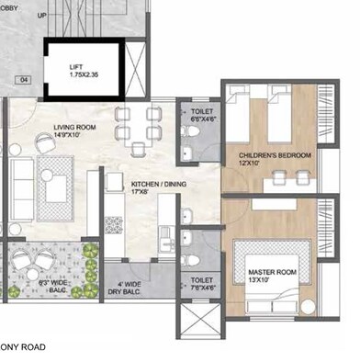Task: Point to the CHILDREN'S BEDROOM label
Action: click(x=275, y=156)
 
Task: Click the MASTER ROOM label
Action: click(x=272, y=274)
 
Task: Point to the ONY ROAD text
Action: click(x=23, y=347)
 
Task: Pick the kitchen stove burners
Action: click(x=115, y=223)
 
